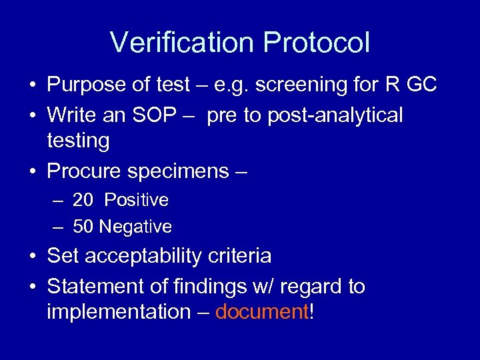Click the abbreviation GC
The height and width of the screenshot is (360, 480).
pos(419,85)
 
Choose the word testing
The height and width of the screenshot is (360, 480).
pos(78,141)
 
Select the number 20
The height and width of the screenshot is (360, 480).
pos(83,200)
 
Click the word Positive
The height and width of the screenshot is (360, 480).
pos(137,200)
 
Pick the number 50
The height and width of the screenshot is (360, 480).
pos(83,227)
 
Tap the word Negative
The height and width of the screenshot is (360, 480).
pos(135,227)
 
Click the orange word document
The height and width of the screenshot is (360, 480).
pos(261,312)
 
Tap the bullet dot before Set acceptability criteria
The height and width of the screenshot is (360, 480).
pos(33,257)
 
